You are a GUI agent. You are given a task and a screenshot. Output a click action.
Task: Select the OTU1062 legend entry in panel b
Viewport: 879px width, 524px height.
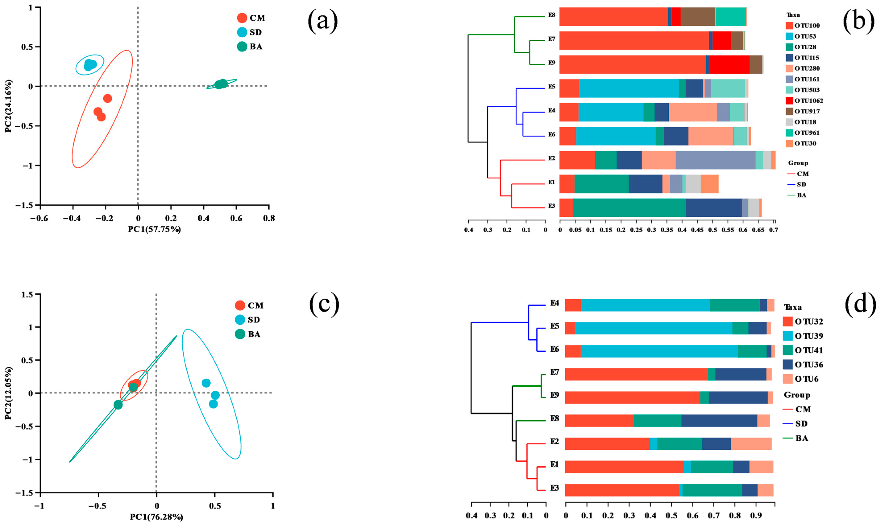pos(805,101)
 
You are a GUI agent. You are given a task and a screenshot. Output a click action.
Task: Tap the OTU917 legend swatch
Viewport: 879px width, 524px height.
pos(789,111)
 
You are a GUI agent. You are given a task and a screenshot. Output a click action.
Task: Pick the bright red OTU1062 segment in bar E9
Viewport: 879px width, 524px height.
pos(729,64)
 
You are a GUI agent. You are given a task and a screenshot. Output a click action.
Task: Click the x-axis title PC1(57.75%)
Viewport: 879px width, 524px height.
pos(154,229)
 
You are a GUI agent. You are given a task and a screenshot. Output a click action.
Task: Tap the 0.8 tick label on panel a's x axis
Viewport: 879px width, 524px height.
pos(269,219)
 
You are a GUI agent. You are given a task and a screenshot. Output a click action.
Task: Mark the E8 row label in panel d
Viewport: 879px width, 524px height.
pos(554,419)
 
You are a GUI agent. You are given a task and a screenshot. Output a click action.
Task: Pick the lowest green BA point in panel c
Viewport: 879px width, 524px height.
pos(118,405)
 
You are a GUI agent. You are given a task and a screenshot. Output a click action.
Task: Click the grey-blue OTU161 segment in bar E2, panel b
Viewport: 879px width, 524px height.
pos(715,160)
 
